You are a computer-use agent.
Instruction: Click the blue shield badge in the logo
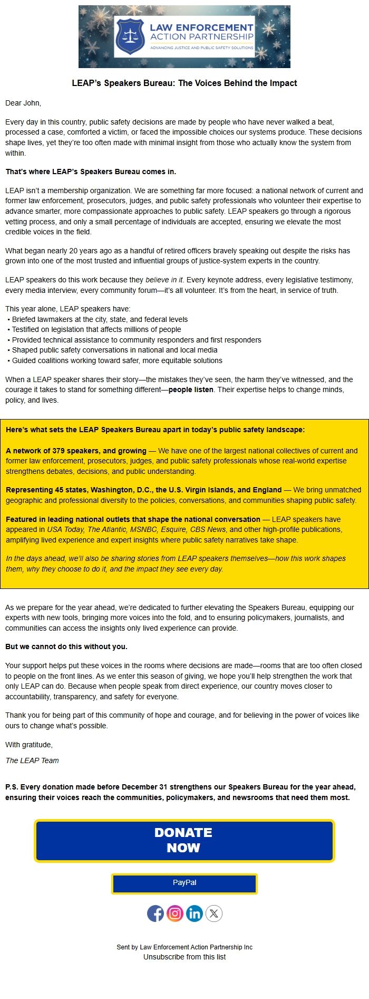[x=130, y=36]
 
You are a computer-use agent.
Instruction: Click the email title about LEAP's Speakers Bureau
[x=184, y=83]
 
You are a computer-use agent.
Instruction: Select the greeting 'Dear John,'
[x=23, y=103]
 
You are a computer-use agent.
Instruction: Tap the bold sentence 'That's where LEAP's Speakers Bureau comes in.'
[x=91, y=172]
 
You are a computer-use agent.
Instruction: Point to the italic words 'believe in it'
[x=164, y=280]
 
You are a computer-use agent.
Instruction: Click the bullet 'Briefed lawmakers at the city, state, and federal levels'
[x=100, y=319]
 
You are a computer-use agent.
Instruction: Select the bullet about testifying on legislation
[x=96, y=329]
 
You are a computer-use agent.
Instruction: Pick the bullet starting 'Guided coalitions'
[x=117, y=360]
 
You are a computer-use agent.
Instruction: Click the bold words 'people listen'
[x=191, y=389]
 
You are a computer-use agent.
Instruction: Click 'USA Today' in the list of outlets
[x=65, y=529]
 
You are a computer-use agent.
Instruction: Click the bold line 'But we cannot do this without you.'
[x=66, y=646]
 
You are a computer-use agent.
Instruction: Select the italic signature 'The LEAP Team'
[x=32, y=760]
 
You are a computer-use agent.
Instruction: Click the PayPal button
[x=184, y=882]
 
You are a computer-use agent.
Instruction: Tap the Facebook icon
[x=156, y=914]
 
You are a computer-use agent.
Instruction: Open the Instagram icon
[x=175, y=914]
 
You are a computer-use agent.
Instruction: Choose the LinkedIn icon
[x=195, y=914]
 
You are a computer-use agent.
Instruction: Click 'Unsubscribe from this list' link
[x=184, y=957]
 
